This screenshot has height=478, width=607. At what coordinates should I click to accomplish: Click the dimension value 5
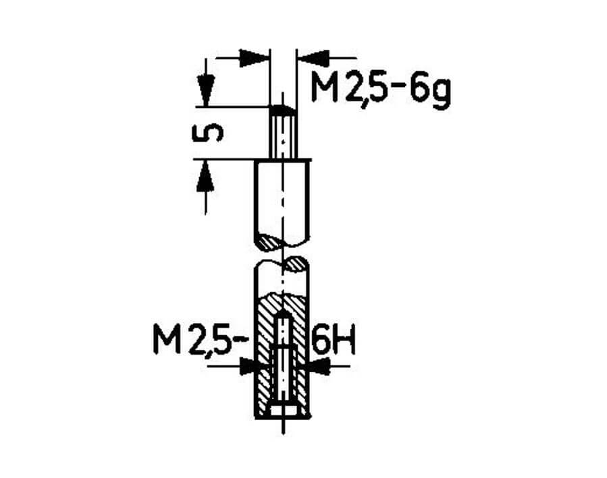(x=207, y=133)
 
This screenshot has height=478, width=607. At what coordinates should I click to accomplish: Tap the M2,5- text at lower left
(x=200, y=339)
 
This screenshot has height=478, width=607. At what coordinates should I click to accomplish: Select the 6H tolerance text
(x=334, y=339)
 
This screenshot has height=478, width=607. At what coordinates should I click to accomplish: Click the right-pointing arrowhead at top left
(x=254, y=59)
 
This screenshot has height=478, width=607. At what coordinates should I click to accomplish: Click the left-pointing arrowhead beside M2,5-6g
(x=315, y=59)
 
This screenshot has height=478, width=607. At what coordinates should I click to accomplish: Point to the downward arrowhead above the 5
(x=205, y=91)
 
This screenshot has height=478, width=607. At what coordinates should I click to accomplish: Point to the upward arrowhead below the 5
(x=205, y=175)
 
